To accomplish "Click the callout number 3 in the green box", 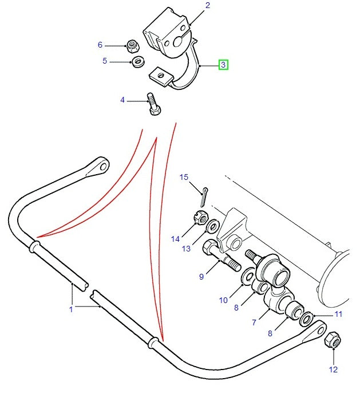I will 223,65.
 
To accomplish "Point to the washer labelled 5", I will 137,62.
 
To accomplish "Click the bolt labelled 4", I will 154,104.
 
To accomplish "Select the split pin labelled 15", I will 204,195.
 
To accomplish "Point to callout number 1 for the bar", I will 72,309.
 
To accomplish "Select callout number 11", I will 338,315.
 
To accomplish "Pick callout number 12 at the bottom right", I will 333,370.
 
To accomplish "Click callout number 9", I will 201,277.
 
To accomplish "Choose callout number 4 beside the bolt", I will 122,100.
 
